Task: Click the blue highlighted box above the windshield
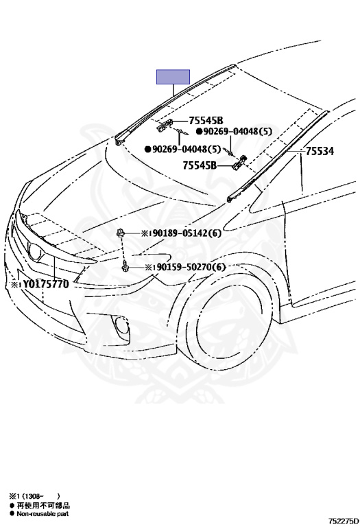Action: coord(173,77)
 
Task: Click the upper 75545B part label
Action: coord(206,120)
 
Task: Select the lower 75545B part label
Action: coord(200,165)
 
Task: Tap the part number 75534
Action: coord(320,152)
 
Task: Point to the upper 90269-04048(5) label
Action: coord(235,132)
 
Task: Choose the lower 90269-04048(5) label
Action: coord(182,149)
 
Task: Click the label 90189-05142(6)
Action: coord(181,233)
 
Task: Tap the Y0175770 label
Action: coord(40,284)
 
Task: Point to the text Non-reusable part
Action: coord(43,513)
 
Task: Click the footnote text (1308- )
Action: coord(35,496)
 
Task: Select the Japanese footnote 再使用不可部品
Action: coord(43,505)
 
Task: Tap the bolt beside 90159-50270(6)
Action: coord(125,266)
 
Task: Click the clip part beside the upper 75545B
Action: coord(165,124)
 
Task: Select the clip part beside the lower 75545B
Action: coord(239,162)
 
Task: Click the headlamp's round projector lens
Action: coord(34,252)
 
